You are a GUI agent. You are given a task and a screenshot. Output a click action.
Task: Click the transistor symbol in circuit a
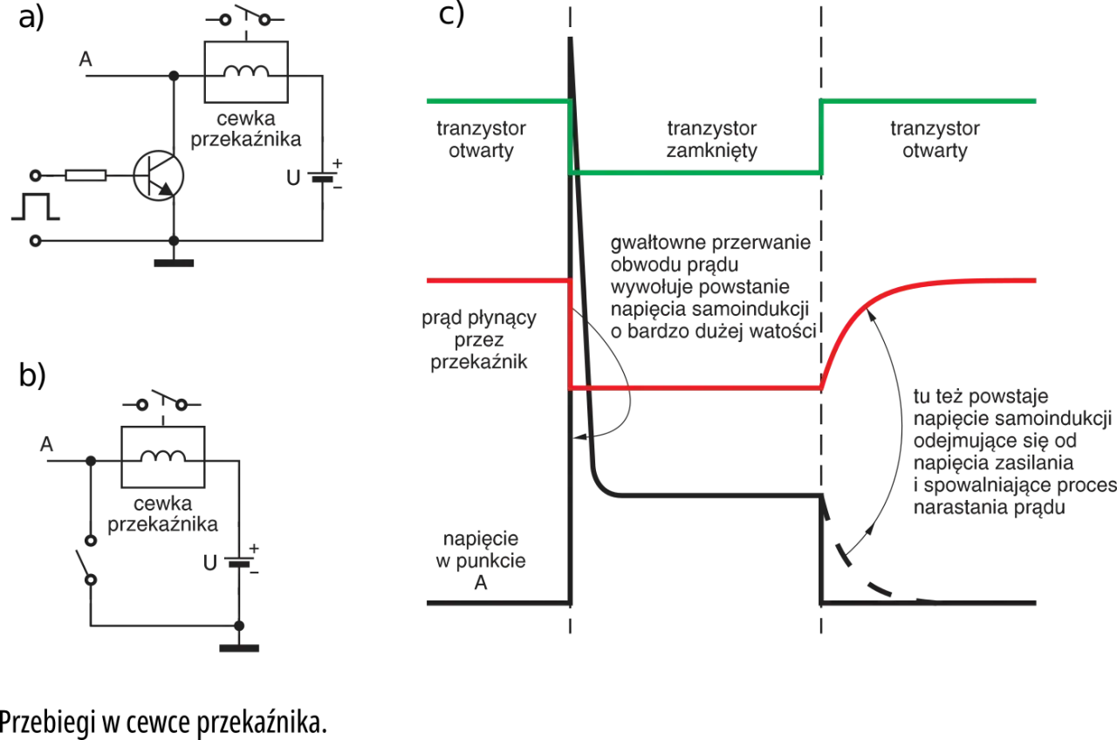(x=159, y=175)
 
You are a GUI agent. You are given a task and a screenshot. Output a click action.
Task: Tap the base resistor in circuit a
(x=86, y=175)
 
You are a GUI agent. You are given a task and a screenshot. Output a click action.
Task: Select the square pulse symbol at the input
(x=36, y=207)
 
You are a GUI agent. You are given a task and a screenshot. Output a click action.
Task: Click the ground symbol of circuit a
(x=174, y=263)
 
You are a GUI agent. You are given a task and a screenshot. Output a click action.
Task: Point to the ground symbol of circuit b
(x=239, y=648)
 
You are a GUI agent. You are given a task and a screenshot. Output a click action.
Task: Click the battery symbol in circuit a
(x=323, y=176)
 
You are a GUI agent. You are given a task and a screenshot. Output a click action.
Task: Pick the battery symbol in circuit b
(x=239, y=562)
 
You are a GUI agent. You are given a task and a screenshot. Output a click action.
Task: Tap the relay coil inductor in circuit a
(x=246, y=72)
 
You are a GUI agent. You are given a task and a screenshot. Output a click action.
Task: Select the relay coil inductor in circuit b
(x=162, y=456)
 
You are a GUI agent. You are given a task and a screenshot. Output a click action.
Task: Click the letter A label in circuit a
(x=86, y=59)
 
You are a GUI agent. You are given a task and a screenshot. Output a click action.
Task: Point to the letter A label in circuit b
(x=46, y=444)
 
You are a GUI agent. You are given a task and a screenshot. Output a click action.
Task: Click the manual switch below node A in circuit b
(x=86, y=560)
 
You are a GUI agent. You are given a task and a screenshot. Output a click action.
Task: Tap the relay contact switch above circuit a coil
(x=245, y=17)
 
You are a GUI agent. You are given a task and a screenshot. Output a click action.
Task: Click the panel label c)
(x=451, y=14)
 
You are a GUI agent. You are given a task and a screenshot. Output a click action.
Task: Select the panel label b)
(x=32, y=375)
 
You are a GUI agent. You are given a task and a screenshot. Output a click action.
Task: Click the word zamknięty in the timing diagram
(x=711, y=151)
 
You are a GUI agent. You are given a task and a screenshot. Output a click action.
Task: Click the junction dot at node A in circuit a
(x=174, y=76)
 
